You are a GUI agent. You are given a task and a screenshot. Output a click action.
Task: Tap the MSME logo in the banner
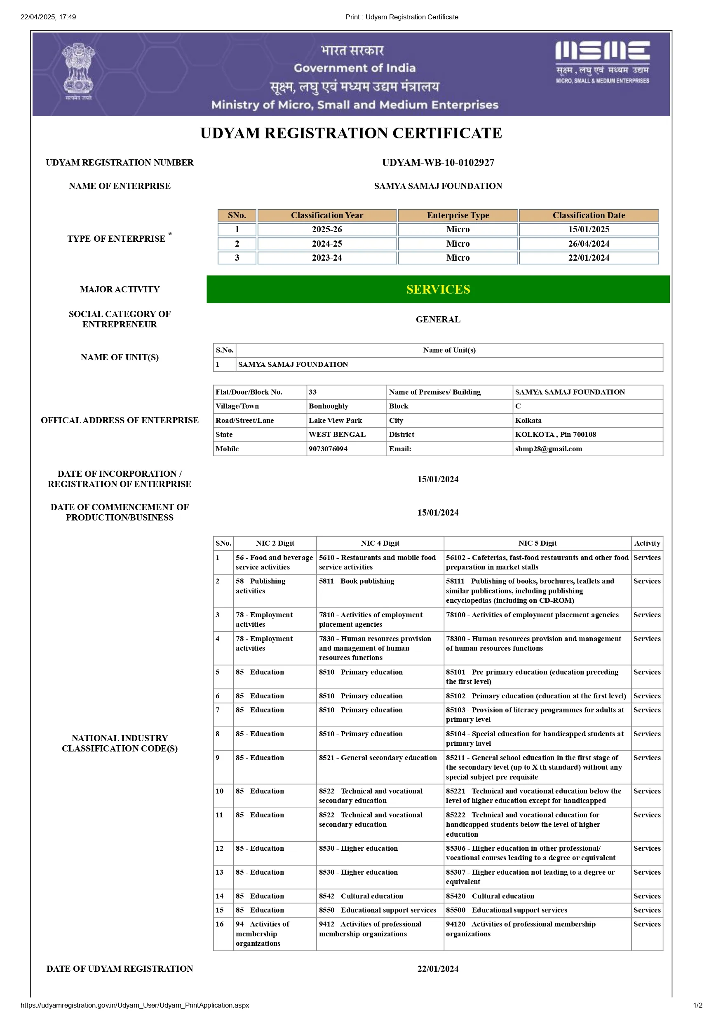pyautogui.click(x=602, y=62)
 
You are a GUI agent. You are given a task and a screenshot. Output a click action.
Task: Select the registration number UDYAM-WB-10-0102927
pyautogui.click(x=438, y=163)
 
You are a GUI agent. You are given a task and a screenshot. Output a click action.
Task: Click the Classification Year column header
pyautogui.click(x=326, y=215)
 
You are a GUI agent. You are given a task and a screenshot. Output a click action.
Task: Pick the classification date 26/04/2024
pyautogui.click(x=588, y=243)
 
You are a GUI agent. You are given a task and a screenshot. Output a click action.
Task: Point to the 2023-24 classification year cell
pyautogui.click(x=326, y=258)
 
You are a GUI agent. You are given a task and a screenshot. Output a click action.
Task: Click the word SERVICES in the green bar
pyautogui.click(x=438, y=289)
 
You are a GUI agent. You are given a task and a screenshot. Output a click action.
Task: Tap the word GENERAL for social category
pyautogui.click(x=438, y=319)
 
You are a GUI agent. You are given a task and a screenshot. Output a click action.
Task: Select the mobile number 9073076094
pyautogui.click(x=328, y=449)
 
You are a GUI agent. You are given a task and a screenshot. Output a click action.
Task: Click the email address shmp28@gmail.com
pyautogui.click(x=548, y=449)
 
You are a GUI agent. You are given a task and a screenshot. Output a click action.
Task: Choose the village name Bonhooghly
pyautogui.click(x=328, y=406)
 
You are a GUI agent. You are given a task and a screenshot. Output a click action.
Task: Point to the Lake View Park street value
pyautogui.click(x=335, y=420)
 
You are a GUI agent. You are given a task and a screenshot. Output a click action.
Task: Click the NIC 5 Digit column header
pyautogui.click(x=537, y=543)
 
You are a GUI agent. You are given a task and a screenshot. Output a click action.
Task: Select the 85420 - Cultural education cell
pyautogui.click(x=490, y=896)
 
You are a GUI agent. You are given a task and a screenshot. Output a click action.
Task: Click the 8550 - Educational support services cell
pyautogui.click(x=377, y=910)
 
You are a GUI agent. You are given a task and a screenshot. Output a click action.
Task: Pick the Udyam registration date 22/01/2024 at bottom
pyautogui.click(x=438, y=968)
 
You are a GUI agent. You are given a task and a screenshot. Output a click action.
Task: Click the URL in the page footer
pyautogui.click(x=134, y=1005)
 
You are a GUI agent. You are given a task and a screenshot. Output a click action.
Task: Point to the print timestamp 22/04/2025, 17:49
pyautogui.click(x=48, y=17)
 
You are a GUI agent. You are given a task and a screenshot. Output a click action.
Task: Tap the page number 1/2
pyautogui.click(x=697, y=1005)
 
